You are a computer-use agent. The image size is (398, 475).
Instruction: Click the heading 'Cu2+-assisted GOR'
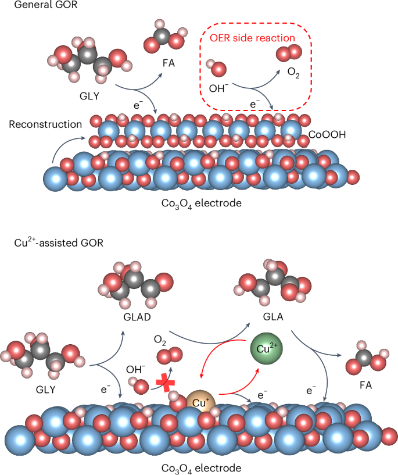(x=55, y=242)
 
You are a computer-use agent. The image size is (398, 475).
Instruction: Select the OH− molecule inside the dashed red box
(x=218, y=68)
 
